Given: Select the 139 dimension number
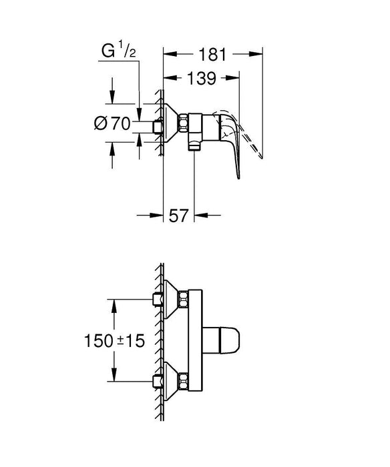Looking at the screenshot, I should tap(201, 79).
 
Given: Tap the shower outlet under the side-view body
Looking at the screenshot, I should tap(194, 143).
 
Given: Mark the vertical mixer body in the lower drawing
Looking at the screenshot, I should tap(194, 338).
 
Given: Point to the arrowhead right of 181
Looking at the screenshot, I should tap(258, 54).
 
